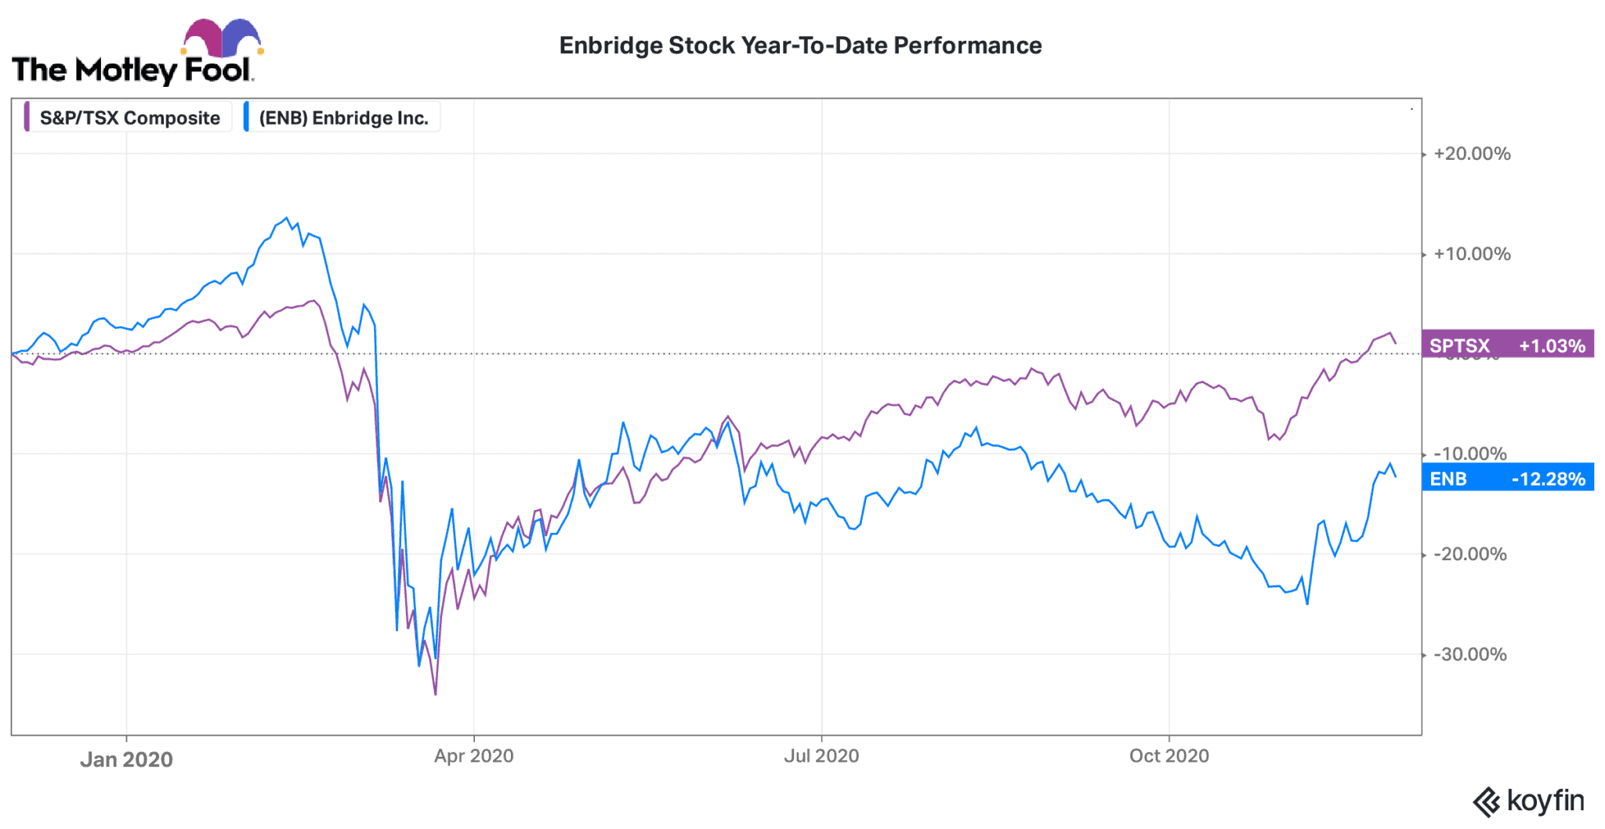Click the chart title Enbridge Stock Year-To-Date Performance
coord(799,45)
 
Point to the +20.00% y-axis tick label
coord(1471,154)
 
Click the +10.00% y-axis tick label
coord(1471,254)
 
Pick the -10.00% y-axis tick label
coord(1469,454)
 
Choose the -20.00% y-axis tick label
coord(1469,554)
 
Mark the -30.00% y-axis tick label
coord(1469,654)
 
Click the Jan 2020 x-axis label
coord(126,759)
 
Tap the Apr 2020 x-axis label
coord(473,756)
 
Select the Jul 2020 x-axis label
coord(821,756)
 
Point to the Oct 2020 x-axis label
coord(1168,756)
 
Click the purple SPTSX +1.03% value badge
coord(1506,346)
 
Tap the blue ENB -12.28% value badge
coord(1506,479)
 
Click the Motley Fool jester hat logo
coord(223,37)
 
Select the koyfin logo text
coord(1544,801)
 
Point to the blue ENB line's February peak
coord(286,219)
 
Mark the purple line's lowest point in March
coord(436,693)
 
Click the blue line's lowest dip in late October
coord(1307,603)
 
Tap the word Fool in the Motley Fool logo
coord(217,71)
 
